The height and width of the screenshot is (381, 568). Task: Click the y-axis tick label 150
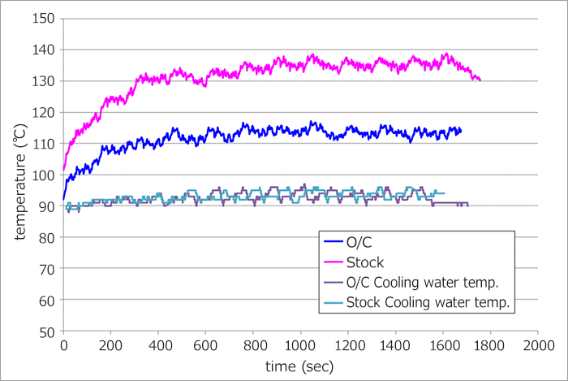tap(44, 19)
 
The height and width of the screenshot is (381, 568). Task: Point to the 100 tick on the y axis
tap(44, 175)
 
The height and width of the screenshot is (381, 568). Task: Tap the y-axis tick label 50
tap(47, 332)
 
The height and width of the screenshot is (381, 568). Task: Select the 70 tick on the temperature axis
tap(47, 270)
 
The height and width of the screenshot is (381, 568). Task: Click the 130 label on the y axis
tap(44, 81)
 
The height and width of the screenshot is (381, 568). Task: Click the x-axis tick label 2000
tap(536, 346)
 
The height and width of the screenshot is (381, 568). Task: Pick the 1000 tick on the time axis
tap(300, 346)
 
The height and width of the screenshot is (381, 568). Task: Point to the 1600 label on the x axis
tap(442, 346)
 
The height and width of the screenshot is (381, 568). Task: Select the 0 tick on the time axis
tap(63, 346)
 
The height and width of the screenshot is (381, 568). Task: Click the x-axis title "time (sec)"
tap(300, 366)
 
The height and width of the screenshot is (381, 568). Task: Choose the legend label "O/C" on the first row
tap(358, 242)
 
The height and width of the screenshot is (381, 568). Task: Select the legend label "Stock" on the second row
tap(364, 262)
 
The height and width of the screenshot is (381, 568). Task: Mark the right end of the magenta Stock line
tap(480, 80)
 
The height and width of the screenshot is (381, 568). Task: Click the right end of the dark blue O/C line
tap(461, 131)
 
